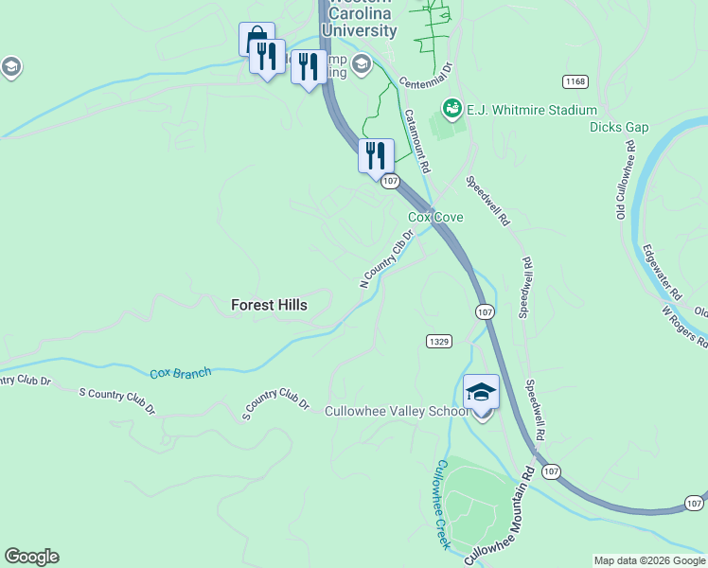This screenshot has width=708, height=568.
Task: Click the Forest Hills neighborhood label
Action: point(269,305)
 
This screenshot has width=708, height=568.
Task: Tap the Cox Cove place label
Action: point(435,218)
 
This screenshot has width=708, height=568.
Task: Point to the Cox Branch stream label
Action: point(181,373)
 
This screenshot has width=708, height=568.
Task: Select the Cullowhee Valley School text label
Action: point(397,411)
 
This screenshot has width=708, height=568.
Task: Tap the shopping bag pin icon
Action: point(256,39)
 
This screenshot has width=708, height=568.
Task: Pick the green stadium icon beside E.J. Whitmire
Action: point(451,110)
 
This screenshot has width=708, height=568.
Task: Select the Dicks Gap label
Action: point(618,127)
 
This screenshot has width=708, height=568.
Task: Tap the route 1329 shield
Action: point(438,341)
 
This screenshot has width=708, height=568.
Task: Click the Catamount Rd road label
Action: point(417,140)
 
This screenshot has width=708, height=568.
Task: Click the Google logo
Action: point(31,557)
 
